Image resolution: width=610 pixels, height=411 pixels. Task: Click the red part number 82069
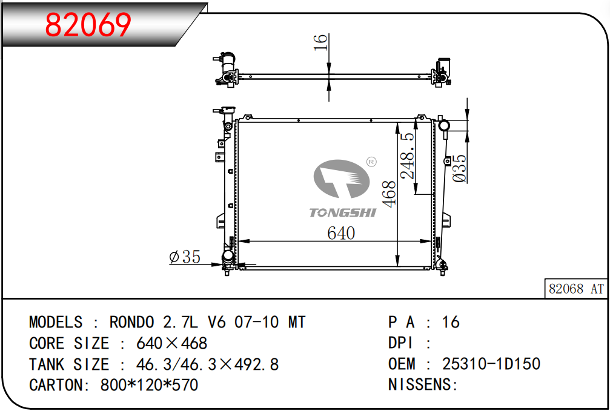click(88, 25)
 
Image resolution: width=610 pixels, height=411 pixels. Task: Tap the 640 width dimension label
click(341, 233)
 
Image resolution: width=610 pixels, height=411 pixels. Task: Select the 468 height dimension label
click(389, 194)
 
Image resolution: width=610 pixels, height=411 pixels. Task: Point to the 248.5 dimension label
click(408, 156)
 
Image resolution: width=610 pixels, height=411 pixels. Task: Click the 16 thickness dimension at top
click(320, 42)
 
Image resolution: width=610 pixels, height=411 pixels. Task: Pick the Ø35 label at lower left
click(185, 257)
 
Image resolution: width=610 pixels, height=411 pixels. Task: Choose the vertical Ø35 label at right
click(459, 168)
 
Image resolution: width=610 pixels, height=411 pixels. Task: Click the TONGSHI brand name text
click(343, 212)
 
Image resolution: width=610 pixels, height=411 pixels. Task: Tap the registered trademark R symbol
click(371, 162)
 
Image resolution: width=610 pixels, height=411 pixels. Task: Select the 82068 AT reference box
click(575, 289)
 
